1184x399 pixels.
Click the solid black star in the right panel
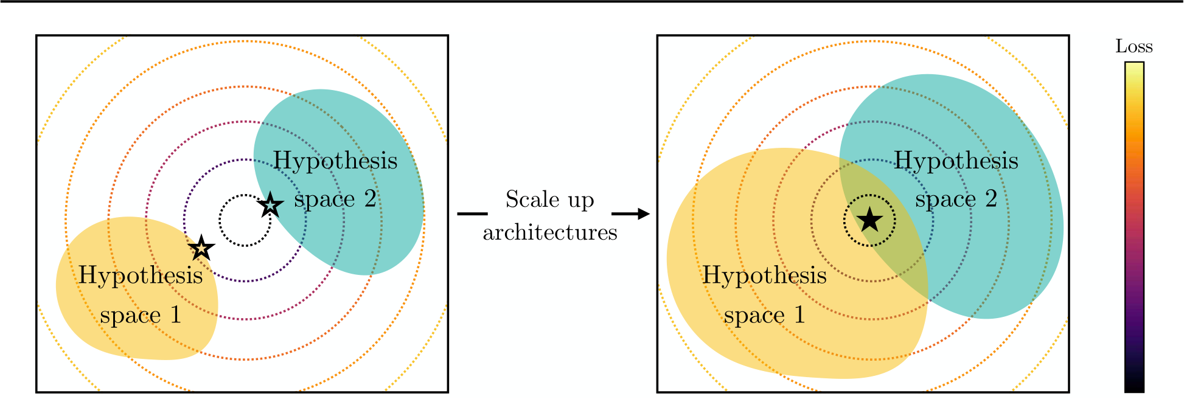click(x=869, y=220)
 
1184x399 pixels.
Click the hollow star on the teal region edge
click(x=270, y=205)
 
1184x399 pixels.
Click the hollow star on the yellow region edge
click(x=201, y=248)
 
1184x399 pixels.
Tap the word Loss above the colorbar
click(x=1134, y=46)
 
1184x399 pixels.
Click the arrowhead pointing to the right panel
click(x=644, y=213)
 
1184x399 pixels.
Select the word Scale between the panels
click(x=532, y=199)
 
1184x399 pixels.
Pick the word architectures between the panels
click(x=550, y=232)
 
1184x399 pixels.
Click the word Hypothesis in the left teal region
click(x=335, y=161)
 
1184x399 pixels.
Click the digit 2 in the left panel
click(x=370, y=199)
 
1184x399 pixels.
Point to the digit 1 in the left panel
click(x=175, y=315)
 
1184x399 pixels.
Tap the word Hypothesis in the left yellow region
click(x=141, y=276)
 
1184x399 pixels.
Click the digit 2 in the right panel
click(x=991, y=199)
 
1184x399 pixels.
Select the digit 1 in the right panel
click(x=799, y=315)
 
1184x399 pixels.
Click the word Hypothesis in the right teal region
click(x=956, y=161)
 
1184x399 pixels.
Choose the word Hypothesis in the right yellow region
click(x=765, y=276)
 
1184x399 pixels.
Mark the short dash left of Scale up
click(x=472, y=213)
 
